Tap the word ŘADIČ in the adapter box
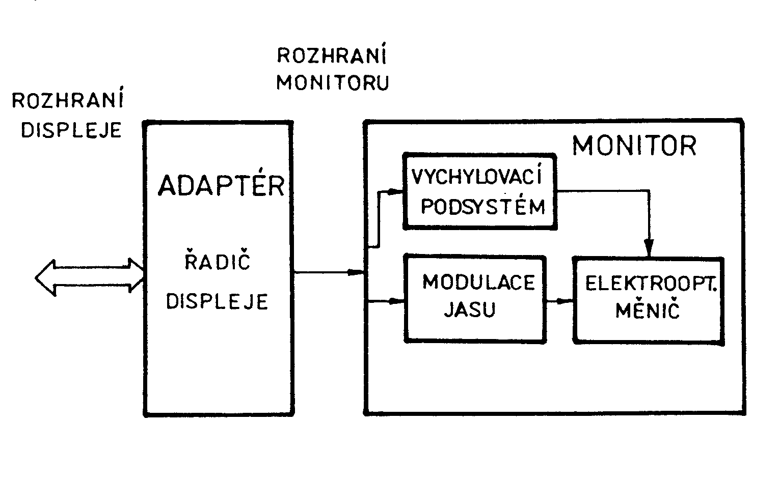(x=218, y=263)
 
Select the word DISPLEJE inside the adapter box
(x=218, y=301)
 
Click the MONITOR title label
(x=634, y=146)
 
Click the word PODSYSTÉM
(x=483, y=207)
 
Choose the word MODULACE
(x=479, y=282)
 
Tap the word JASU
(x=470, y=310)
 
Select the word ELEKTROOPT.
(x=651, y=284)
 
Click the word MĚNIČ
(x=648, y=311)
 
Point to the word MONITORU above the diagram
(x=333, y=82)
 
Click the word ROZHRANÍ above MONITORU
(x=331, y=55)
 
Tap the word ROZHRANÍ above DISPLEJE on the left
(x=68, y=100)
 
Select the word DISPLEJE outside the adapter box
(x=71, y=130)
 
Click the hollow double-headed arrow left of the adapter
(x=89, y=277)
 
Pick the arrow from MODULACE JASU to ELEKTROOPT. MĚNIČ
(x=559, y=301)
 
